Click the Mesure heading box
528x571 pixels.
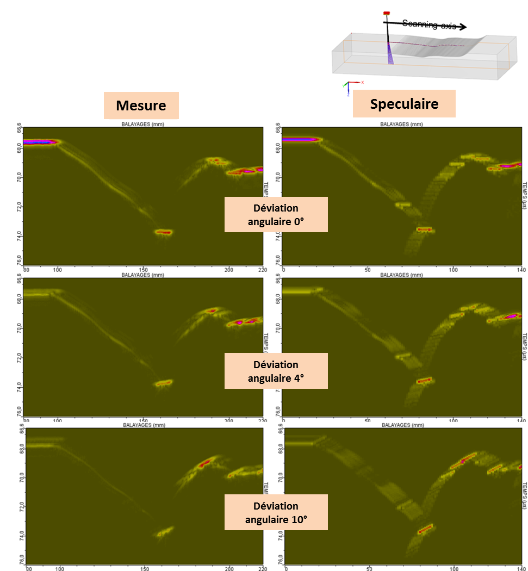coord(141,105)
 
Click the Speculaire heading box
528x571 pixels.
coord(403,103)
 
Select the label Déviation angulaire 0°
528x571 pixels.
coord(276,214)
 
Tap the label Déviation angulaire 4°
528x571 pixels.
coord(276,370)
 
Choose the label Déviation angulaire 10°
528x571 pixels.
coord(276,512)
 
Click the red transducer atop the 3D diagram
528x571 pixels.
coord(387,13)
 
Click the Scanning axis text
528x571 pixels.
coord(429,24)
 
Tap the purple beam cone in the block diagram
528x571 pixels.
coord(390,53)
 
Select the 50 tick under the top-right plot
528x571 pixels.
coord(368,269)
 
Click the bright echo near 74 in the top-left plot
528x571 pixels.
coord(163,232)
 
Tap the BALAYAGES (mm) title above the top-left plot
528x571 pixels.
coord(143,124)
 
